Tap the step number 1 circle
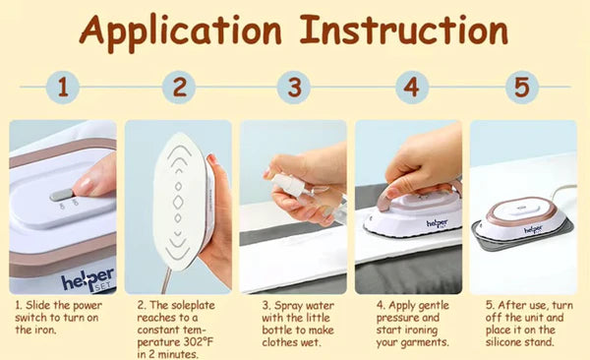click(x=63, y=87)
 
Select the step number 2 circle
click(x=178, y=87)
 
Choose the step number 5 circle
click(x=523, y=87)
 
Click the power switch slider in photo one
click(x=63, y=195)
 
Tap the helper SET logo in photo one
click(x=87, y=278)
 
